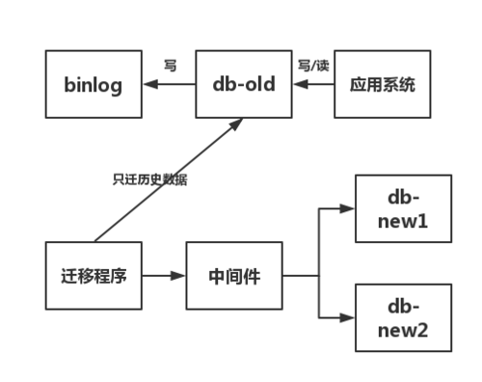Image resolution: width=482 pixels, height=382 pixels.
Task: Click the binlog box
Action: [x=93, y=84]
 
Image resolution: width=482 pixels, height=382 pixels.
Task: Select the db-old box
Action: [x=243, y=84]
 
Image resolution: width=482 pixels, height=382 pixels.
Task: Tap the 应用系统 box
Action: [x=382, y=84]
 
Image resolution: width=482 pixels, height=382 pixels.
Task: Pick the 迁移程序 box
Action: [x=93, y=276]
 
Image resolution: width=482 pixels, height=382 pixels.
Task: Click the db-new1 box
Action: [x=403, y=208]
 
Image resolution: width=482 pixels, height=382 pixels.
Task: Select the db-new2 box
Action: [x=403, y=317]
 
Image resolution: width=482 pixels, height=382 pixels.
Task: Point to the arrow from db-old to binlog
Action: [x=168, y=84]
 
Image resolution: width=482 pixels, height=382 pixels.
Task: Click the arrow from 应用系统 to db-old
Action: [x=312, y=84]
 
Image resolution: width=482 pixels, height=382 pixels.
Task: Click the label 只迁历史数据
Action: [x=148, y=179]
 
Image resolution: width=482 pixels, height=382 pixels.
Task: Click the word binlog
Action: [x=93, y=84]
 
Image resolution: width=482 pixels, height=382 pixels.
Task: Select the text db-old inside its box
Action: [x=243, y=84]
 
